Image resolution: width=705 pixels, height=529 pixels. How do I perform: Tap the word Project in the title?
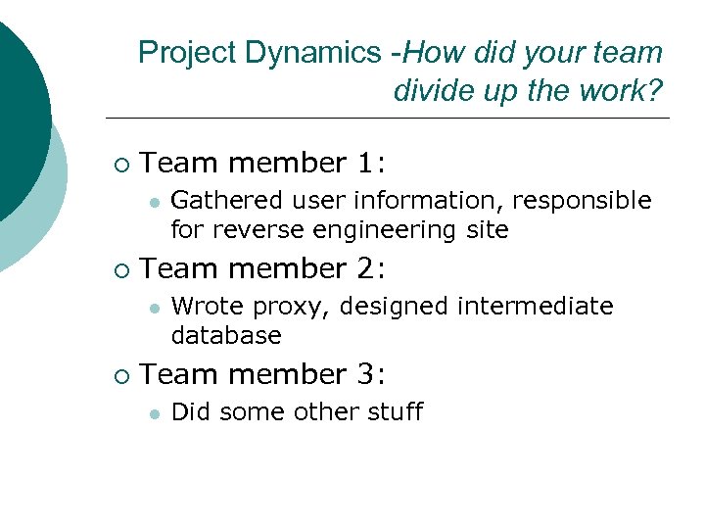point(188,53)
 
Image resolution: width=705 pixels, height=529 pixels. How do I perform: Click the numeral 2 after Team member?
point(372,268)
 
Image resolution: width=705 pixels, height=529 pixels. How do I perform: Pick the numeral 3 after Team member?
point(372,374)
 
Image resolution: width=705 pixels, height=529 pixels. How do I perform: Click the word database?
point(226,336)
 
